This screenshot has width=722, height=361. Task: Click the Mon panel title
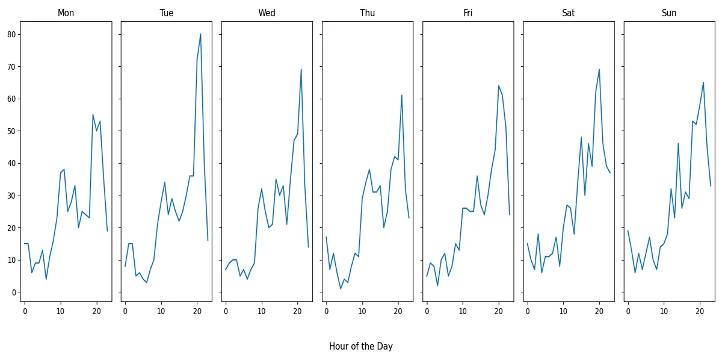(x=66, y=13)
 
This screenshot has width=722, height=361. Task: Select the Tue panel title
(x=167, y=13)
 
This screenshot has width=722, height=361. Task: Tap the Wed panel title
(x=267, y=13)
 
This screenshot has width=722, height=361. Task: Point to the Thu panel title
(x=367, y=13)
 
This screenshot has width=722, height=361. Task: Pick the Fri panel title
(x=467, y=13)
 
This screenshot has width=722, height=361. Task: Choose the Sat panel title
(x=568, y=13)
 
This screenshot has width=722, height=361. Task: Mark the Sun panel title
(x=668, y=13)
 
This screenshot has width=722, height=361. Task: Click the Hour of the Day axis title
(x=360, y=347)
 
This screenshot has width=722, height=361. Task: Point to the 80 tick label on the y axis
(x=10, y=34)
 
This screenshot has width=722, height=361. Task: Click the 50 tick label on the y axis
(x=10, y=131)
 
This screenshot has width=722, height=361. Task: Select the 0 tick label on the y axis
(x=13, y=292)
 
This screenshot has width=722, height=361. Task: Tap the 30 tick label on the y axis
(x=10, y=196)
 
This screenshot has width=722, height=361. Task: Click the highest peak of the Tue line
(x=200, y=34)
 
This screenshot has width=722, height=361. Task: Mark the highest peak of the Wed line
(x=301, y=70)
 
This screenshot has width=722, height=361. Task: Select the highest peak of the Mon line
(x=93, y=115)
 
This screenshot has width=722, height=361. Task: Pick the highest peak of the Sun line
(x=703, y=82)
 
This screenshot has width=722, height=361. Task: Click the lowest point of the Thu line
(x=341, y=289)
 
